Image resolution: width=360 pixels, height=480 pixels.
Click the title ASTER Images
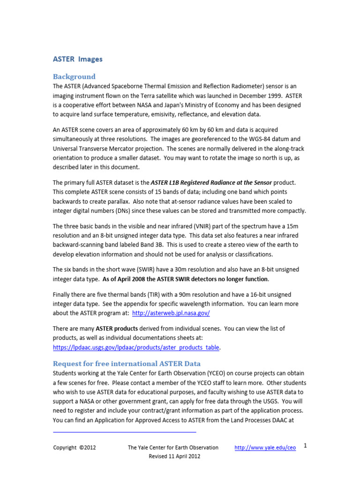(77, 59)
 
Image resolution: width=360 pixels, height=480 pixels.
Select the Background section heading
(74, 76)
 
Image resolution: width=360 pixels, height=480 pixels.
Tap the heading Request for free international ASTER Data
(127, 363)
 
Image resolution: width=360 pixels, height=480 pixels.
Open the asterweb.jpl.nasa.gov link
(171, 313)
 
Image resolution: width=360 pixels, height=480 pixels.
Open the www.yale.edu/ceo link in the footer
(265, 448)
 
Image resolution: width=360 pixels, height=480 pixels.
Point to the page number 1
(305, 446)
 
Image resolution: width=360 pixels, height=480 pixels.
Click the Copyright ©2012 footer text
(75, 448)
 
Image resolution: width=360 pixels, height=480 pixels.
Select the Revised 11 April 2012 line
(174, 456)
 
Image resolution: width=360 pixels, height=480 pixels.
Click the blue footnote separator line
(124, 432)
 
